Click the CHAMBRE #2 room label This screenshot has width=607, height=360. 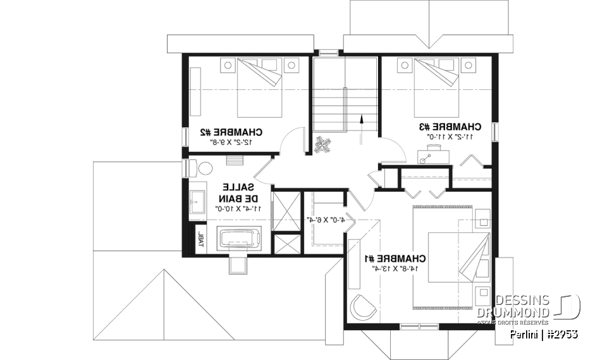point(231,132)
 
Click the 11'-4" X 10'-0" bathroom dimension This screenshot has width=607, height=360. point(237,208)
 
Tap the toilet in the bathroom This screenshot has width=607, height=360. point(198,169)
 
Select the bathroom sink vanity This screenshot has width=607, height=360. point(197,201)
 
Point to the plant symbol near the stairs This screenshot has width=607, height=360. point(323,144)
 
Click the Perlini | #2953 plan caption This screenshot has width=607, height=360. point(543,333)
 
